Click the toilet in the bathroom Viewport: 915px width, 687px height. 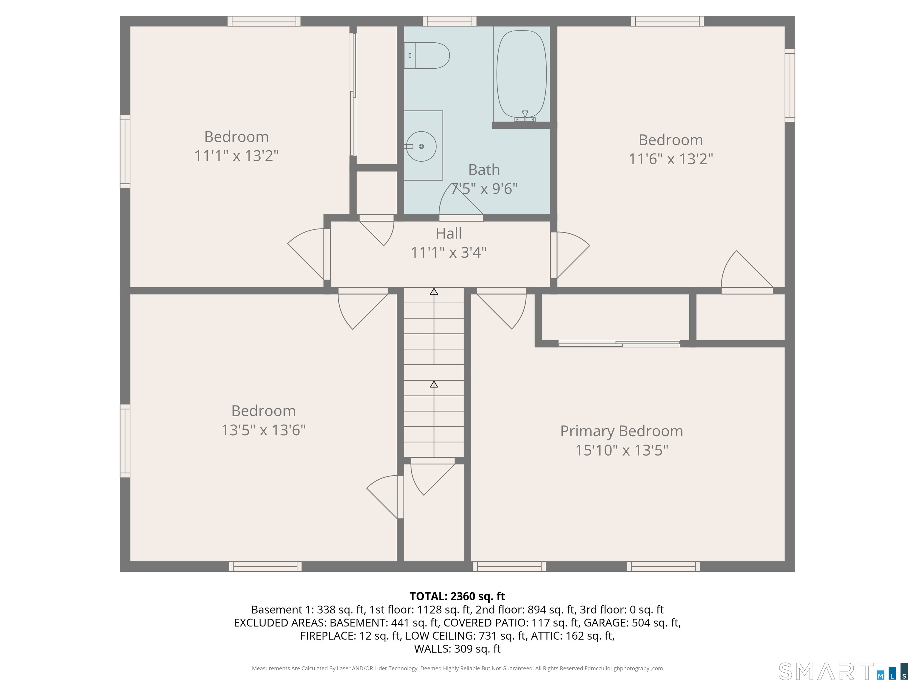point(427,55)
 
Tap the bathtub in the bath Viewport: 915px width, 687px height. point(521,75)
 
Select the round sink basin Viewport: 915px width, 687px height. point(421,146)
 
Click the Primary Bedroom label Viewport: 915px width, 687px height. point(621,431)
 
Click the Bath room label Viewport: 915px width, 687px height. point(484,170)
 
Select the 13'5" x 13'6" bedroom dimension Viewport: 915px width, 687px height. point(264,430)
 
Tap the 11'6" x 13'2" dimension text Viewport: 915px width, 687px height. point(671,159)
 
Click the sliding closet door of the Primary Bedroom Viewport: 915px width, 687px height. point(619,344)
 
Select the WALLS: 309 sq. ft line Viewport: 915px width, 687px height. point(457,649)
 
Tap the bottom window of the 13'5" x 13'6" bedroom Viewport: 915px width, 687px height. point(265,567)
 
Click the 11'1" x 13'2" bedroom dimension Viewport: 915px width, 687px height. point(236,156)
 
